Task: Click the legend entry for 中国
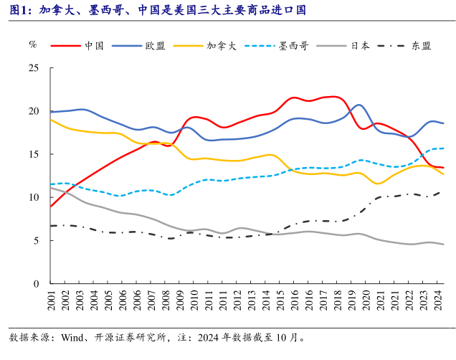pos(94,46)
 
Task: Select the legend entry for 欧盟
pos(155,46)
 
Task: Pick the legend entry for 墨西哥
pos(284,46)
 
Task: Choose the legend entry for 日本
pos(360,46)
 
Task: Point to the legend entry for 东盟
pos(421,46)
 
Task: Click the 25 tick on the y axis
pos(33,68)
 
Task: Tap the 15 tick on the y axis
pos(33,154)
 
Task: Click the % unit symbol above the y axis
pos(33,44)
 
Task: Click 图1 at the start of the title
pos(19,10)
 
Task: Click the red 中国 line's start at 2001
pos(51,207)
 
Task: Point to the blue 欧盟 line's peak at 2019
pos(358,105)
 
